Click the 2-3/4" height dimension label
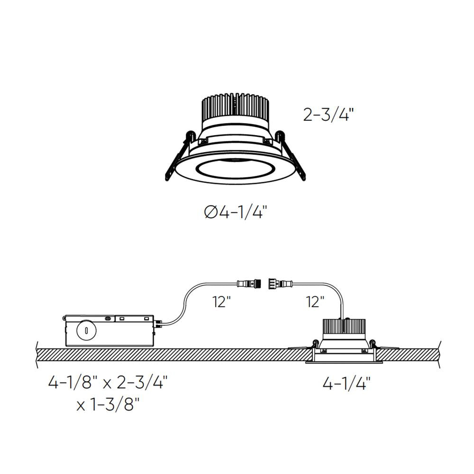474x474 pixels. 328,115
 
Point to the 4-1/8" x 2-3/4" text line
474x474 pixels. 108,382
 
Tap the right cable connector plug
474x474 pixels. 281,284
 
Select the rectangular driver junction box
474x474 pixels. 109,330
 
